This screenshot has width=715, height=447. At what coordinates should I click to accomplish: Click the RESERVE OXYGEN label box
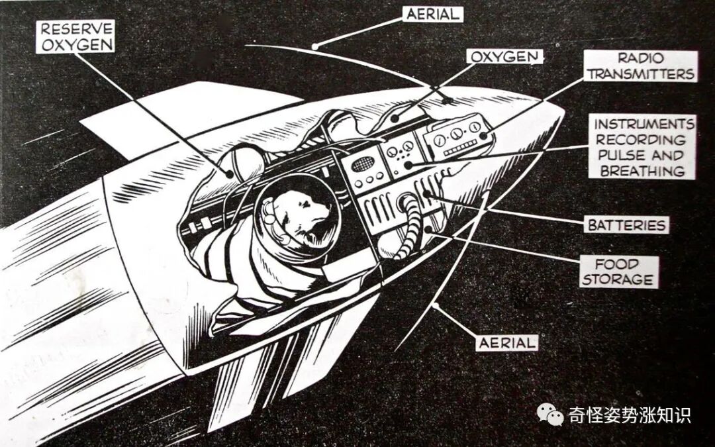coord(75,36)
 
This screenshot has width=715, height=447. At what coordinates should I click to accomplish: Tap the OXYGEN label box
coord(504,56)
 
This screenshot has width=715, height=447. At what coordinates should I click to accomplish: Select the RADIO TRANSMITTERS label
coord(641,66)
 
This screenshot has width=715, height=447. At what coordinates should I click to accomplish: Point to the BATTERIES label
coord(626,225)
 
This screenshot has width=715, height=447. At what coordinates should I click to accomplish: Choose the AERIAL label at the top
coord(432,13)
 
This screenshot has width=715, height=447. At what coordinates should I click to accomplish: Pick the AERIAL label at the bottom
coord(506,342)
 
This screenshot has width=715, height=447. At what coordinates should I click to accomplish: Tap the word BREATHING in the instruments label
coord(641,171)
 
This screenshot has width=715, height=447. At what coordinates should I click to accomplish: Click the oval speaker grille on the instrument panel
coord(362,164)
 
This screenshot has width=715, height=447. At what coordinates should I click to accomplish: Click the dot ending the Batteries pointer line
coord(425,194)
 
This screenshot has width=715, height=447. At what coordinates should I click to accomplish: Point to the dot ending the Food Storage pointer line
coord(431,229)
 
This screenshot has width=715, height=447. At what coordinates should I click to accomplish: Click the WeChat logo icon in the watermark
coord(549,415)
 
